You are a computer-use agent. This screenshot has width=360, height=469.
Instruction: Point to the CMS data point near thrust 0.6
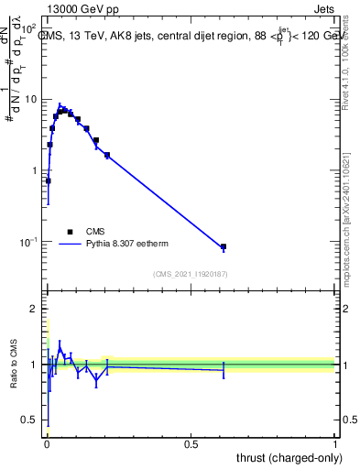pyautogui.click(x=223, y=247)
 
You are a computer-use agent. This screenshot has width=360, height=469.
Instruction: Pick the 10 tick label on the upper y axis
pyautogui.click(x=31, y=99)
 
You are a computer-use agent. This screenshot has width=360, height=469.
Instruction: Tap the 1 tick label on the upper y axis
pyautogui.click(x=35, y=170)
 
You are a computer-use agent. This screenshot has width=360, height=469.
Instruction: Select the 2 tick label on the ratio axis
pyautogui.click(x=35, y=309)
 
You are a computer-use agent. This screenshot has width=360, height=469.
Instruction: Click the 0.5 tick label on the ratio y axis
pyautogui.click(x=31, y=420)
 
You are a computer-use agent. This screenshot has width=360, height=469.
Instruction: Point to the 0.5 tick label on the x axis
pyautogui.click(x=191, y=444)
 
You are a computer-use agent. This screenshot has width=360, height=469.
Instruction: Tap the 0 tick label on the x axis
pyautogui.click(x=47, y=444)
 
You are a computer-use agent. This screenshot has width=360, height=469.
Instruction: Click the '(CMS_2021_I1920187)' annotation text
pyautogui.click(x=191, y=274)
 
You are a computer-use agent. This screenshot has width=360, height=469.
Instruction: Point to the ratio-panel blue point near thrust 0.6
pyautogui.click(x=223, y=370)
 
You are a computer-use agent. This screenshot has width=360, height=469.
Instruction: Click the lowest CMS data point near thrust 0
pyautogui.click(x=48, y=180)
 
